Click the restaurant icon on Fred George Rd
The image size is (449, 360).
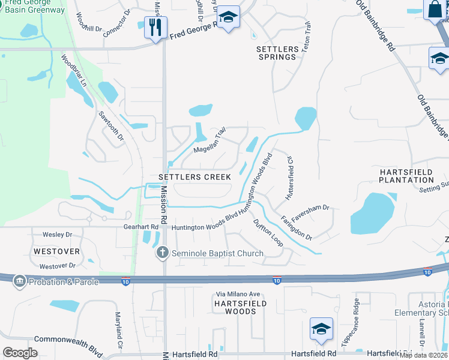click(x=155, y=26)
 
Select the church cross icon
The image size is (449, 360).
click(x=162, y=253)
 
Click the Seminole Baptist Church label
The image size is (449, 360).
click(x=217, y=253)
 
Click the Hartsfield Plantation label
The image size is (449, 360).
click(x=406, y=176)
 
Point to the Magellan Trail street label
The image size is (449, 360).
click(x=209, y=142)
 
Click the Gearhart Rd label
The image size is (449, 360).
click(x=142, y=227)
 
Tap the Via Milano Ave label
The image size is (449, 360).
click(x=238, y=294)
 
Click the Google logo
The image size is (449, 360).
click(x=20, y=353)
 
